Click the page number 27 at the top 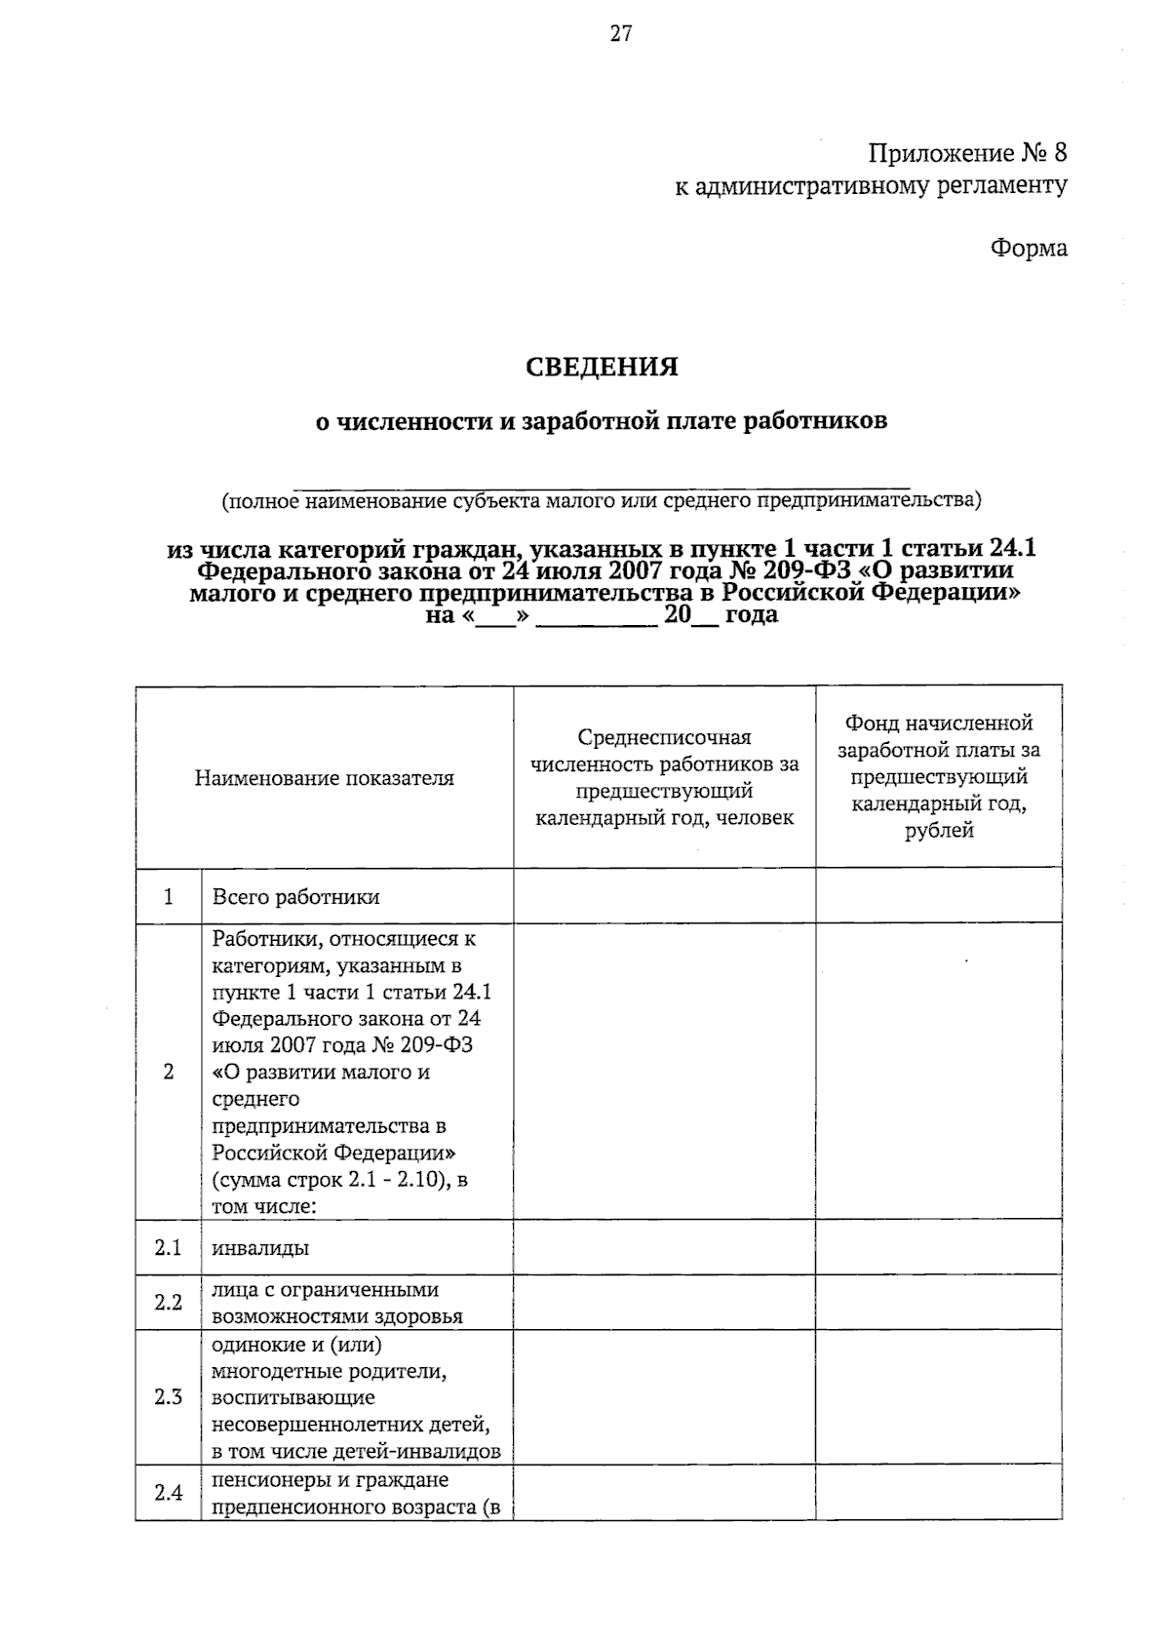coord(621,34)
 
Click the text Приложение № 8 coord(967,153)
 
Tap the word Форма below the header coord(1029,248)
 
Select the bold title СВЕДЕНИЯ coord(602,368)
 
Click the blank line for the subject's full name coord(602,481)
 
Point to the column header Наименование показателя coord(324,778)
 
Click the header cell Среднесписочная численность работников coord(664,777)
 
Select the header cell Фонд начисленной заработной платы coord(938,777)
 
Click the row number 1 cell coord(169,896)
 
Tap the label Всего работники coord(295,897)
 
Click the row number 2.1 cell coord(169,1247)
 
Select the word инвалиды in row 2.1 coord(260,1248)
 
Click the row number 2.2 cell coord(169,1302)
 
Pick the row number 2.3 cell coord(169,1397)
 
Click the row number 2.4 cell coord(169,1492)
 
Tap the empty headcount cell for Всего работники coord(664,896)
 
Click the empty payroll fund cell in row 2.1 coord(938,1247)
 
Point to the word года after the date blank coord(752,615)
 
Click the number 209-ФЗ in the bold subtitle coord(808,570)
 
